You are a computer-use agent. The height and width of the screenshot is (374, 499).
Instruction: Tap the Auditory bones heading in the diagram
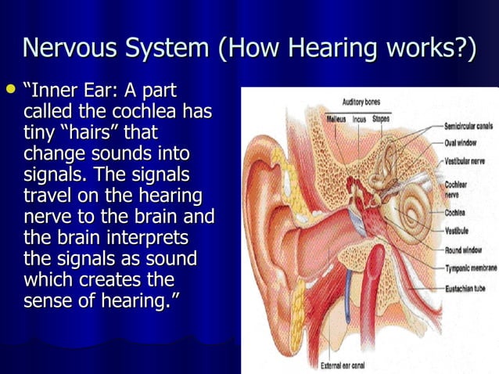(x=362, y=102)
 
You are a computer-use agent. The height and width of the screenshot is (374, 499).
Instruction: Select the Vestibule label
(x=458, y=231)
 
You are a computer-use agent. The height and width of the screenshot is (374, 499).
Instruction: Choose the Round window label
(x=465, y=250)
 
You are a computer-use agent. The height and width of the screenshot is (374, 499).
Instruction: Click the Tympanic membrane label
(x=471, y=268)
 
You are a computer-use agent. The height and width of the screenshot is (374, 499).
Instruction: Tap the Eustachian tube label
(x=467, y=287)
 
